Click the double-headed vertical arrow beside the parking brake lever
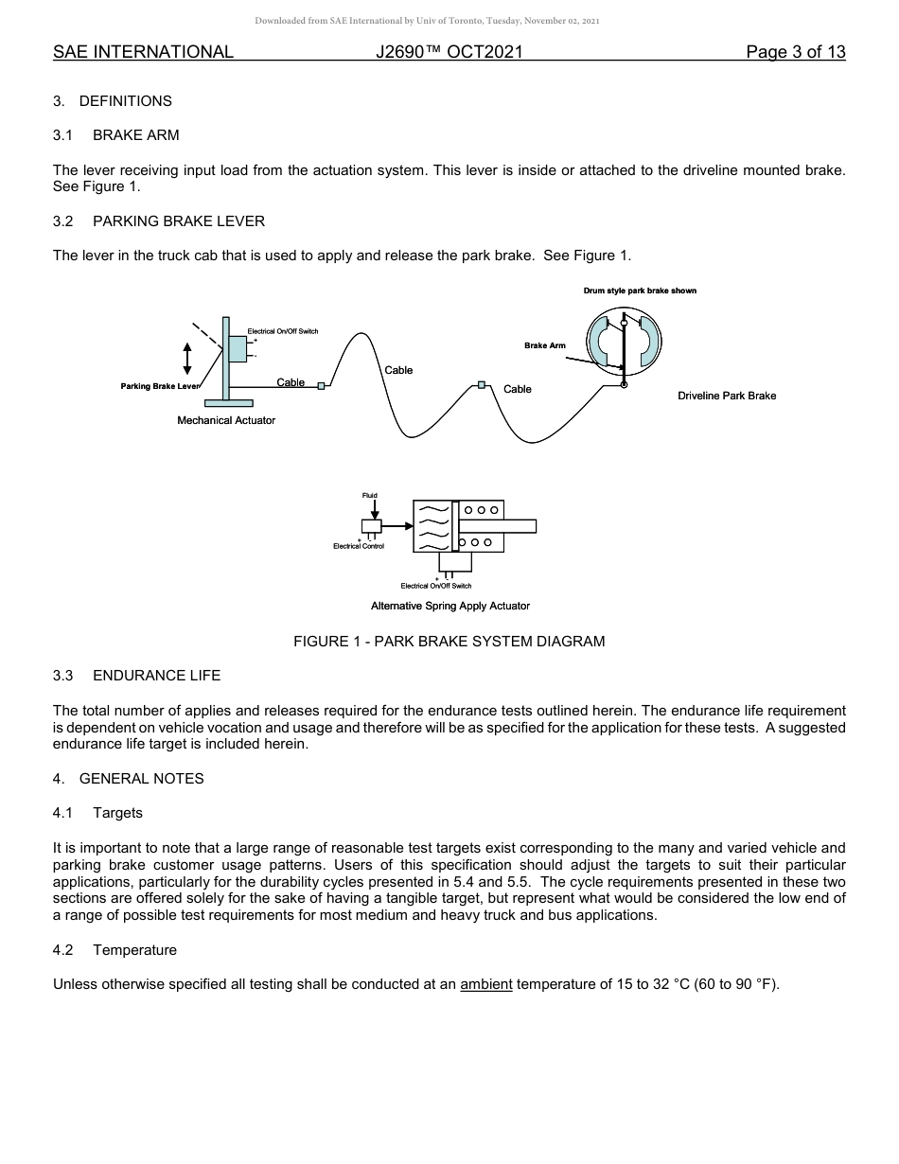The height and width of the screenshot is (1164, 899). pyautogui.click(x=187, y=357)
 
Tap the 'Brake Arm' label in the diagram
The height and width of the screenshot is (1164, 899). pyautogui.click(x=545, y=345)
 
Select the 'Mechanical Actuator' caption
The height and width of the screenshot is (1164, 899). pyautogui.click(x=226, y=420)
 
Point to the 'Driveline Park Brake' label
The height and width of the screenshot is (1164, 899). pyautogui.click(x=727, y=396)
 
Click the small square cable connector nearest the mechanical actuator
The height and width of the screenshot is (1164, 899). pyautogui.click(x=321, y=385)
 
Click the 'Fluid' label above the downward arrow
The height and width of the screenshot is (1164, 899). pyautogui.click(x=369, y=495)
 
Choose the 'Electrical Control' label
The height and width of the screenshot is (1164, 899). pyautogui.click(x=359, y=546)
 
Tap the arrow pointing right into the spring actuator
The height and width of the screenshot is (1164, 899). pyautogui.click(x=397, y=525)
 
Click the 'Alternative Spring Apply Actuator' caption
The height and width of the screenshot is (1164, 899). pyautogui.click(x=450, y=606)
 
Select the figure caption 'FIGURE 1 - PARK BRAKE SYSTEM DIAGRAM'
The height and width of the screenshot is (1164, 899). pyautogui.click(x=449, y=642)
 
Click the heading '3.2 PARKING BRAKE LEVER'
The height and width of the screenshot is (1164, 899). pyautogui.click(x=160, y=221)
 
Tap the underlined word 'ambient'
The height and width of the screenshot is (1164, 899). pyautogui.click(x=486, y=984)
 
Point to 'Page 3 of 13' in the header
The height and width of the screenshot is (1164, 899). pyautogui.click(x=796, y=52)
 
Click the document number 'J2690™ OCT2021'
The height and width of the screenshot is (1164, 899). pyautogui.click(x=449, y=52)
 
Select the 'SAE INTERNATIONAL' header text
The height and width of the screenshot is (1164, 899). pyautogui.click(x=143, y=52)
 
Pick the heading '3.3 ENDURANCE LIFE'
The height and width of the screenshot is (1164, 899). pyautogui.click(x=137, y=676)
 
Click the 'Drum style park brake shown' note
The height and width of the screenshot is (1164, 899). pyautogui.click(x=640, y=291)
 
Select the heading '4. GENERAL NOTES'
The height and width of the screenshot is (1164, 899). pyautogui.click(x=129, y=779)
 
